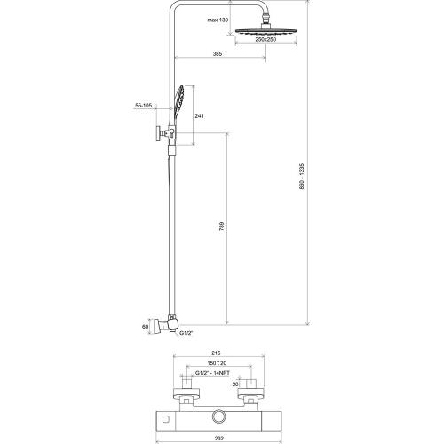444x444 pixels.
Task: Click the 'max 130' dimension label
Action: pos(218,20)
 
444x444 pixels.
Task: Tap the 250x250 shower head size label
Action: pos(266,39)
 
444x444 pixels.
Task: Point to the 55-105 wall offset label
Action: pos(143,105)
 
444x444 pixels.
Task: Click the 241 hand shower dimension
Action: pos(199,116)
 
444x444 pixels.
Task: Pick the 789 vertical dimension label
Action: pos(222,226)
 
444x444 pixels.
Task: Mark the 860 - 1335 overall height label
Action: pos(302,176)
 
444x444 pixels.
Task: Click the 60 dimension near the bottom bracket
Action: pos(145,327)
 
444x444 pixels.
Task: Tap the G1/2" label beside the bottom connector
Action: pos(186,333)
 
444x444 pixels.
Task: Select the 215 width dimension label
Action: pos(217,353)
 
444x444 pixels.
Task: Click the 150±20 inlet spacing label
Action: pos(217,363)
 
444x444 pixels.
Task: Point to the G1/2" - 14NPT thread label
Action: pos(212,373)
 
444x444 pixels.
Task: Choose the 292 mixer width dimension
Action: pos(218,438)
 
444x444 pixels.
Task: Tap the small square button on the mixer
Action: pos(166,418)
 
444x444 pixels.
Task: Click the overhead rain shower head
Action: pos(266,31)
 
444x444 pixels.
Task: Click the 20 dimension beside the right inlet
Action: pos(235,385)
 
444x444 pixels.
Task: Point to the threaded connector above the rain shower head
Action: pos(266,20)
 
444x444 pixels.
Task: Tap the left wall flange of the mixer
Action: pos(186,392)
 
